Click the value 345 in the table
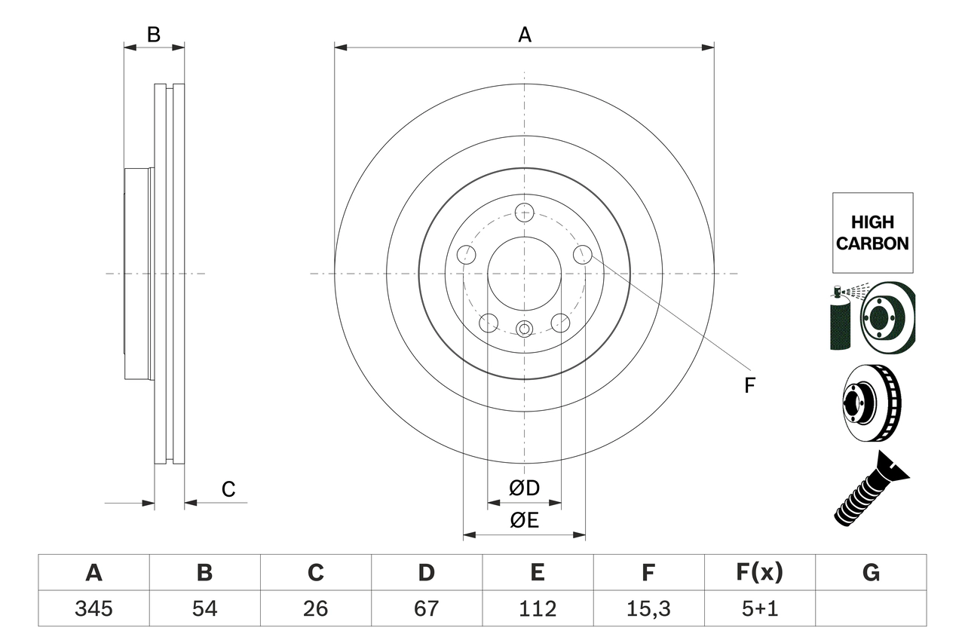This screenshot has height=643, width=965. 93,608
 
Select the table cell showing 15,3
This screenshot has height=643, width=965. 648,608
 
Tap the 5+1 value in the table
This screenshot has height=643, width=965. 759,608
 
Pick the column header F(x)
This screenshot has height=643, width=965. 759,573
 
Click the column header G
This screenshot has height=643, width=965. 871,573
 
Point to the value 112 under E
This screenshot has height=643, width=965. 538,608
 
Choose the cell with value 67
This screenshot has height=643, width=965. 427,608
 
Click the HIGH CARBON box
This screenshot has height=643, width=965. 872,233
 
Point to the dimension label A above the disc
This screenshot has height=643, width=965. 525,35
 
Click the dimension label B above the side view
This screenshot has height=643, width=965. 154,35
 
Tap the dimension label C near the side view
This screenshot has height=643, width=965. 228,489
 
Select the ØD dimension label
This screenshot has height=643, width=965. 525,488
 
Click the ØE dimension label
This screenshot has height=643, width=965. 525,521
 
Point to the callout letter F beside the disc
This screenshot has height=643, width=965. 749,386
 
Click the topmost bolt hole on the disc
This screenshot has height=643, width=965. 525,212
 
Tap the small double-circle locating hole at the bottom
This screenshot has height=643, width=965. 525,328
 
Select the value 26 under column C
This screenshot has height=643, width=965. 316,608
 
